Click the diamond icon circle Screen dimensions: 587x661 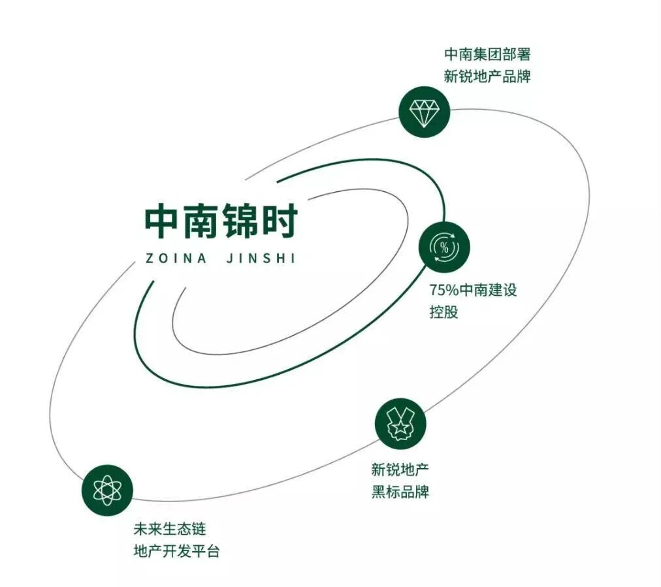coord(425,112)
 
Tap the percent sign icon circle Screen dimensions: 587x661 coord(444,247)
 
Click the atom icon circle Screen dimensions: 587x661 coord(107,490)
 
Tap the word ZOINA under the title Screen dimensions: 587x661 coord(175,258)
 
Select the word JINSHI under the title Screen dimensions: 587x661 coord(259,258)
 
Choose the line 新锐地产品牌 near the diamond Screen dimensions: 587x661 coord(487,76)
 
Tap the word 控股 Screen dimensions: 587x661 coord(444,311)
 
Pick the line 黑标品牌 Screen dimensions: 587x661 coord(400,492)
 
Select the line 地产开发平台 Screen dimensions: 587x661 coord(176,551)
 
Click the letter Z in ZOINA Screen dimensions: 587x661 coord(149,258)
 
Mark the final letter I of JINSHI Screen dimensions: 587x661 coord(293,258)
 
